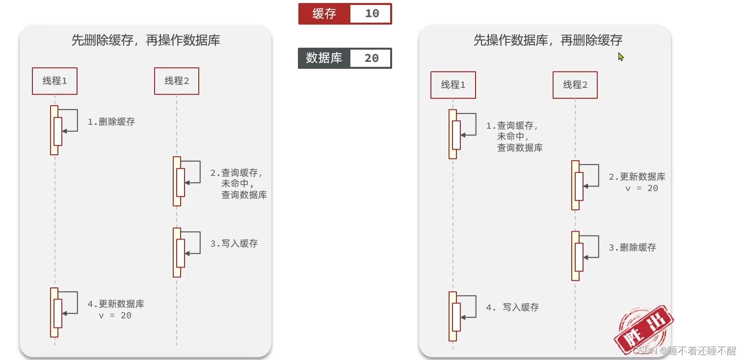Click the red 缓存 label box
pyautogui.click(x=324, y=14)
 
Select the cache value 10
pyautogui.click(x=372, y=14)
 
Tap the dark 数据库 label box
pyautogui.click(x=324, y=58)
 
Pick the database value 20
pyautogui.click(x=372, y=58)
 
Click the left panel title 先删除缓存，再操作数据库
pyautogui.click(x=146, y=40)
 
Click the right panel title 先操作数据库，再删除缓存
pyautogui.click(x=548, y=40)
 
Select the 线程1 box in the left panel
pyautogui.click(x=54, y=81)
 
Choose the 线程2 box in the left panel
pyautogui.click(x=177, y=81)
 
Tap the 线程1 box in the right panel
pyautogui.click(x=453, y=85)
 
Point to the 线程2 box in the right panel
pyautogui.click(x=575, y=85)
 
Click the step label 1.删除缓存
pyautogui.click(x=111, y=122)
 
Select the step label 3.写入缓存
pyautogui.click(x=234, y=244)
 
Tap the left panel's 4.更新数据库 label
pyautogui.click(x=116, y=304)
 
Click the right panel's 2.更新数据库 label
pyautogui.click(x=637, y=177)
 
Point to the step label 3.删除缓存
pyautogui.click(x=633, y=248)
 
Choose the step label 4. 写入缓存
pyautogui.click(x=513, y=307)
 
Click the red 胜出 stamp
pyautogui.click(x=642, y=330)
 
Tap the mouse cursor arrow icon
pyautogui.click(x=621, y=56)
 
